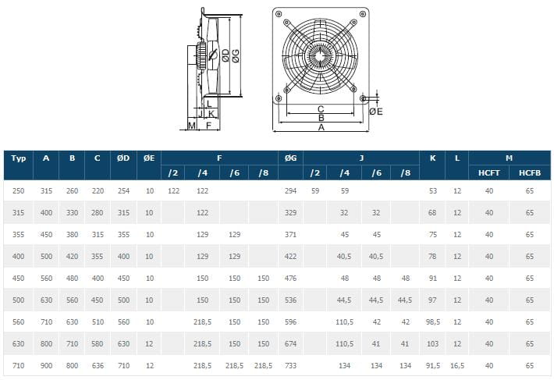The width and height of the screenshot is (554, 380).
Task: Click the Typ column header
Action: click(x=19, y=158)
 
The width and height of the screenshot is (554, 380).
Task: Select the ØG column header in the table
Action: click(x=290, y=158)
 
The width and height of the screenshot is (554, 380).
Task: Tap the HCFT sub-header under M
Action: click(x=489, y=173)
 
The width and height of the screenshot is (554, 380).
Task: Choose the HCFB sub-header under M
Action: click(x=530, y=173)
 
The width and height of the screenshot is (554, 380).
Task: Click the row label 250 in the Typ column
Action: click(x=19, y=191)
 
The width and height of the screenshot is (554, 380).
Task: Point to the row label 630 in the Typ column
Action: click(x=19, y=343)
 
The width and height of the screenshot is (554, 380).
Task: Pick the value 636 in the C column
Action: click(x=98, y=365)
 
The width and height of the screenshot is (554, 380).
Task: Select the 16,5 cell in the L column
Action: click(x=457, y=365)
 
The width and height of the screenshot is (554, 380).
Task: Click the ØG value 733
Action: click(x=290, y=365)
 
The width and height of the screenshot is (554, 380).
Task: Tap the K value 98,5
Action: click(x=433, y=321)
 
